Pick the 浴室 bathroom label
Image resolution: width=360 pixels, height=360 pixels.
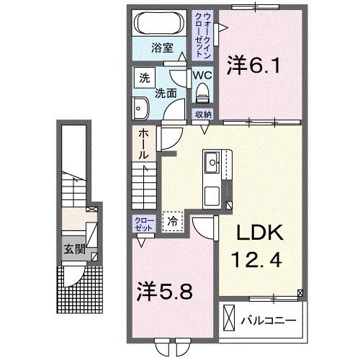(163, 48)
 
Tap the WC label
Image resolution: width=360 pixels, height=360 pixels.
(201, 74)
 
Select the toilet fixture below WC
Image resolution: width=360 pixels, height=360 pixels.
(202, 93)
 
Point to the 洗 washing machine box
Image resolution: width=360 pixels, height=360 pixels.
(145, 76)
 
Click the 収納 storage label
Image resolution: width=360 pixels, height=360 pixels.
(202, 114)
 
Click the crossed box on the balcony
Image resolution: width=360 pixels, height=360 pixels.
(230, 318)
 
